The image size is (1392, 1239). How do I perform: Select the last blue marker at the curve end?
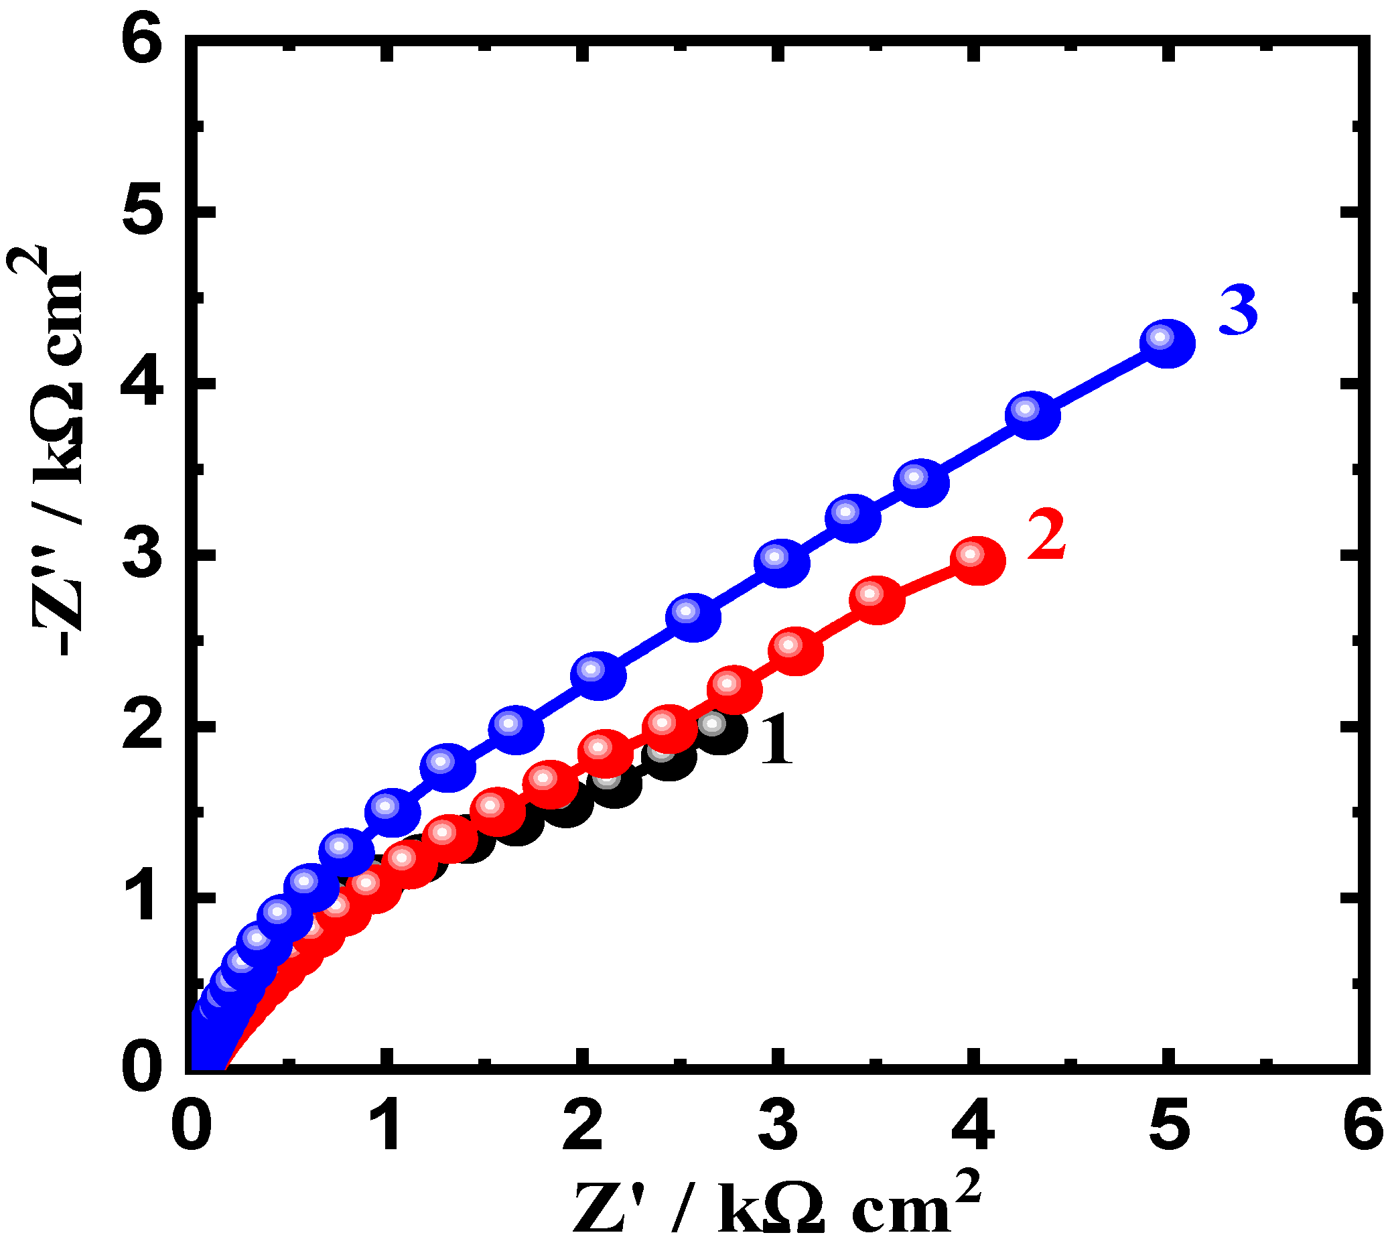(1168, 343)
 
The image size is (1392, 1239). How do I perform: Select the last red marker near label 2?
(977, 561)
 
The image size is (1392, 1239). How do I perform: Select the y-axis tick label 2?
(145, 726)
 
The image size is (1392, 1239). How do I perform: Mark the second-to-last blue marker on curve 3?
(1032, 415)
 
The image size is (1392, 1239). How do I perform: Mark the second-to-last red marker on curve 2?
(876, 600)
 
